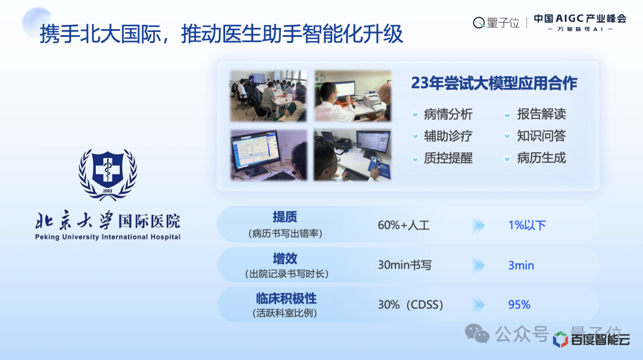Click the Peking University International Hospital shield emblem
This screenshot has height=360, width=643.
point(107,174)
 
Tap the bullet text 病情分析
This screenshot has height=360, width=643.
point(448,114)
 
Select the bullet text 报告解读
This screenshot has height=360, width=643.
point(541,114)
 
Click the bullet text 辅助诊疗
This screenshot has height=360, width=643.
point(448,136)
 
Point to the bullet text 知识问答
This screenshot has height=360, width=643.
point(541,136)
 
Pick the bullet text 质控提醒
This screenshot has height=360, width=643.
point(448,158)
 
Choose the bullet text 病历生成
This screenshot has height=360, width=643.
point(541,158)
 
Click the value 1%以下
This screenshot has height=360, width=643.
point(527,225)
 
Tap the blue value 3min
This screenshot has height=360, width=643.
point(521,265)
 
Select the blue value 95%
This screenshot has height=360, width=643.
point(519,305)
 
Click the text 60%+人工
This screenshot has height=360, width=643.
point(404,225)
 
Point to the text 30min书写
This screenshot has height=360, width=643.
point(404,265)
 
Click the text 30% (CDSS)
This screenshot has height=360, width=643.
point(410,305)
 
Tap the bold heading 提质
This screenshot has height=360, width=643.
point(285,217)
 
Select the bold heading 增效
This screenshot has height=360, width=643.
point(285,259)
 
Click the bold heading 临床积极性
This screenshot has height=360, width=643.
point(286,299)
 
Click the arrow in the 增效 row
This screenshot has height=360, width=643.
point(479,265)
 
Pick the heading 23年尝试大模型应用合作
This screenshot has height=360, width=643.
point(494,83)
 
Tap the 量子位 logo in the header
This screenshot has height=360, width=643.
point(496,23)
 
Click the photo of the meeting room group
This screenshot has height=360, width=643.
point(269,96)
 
